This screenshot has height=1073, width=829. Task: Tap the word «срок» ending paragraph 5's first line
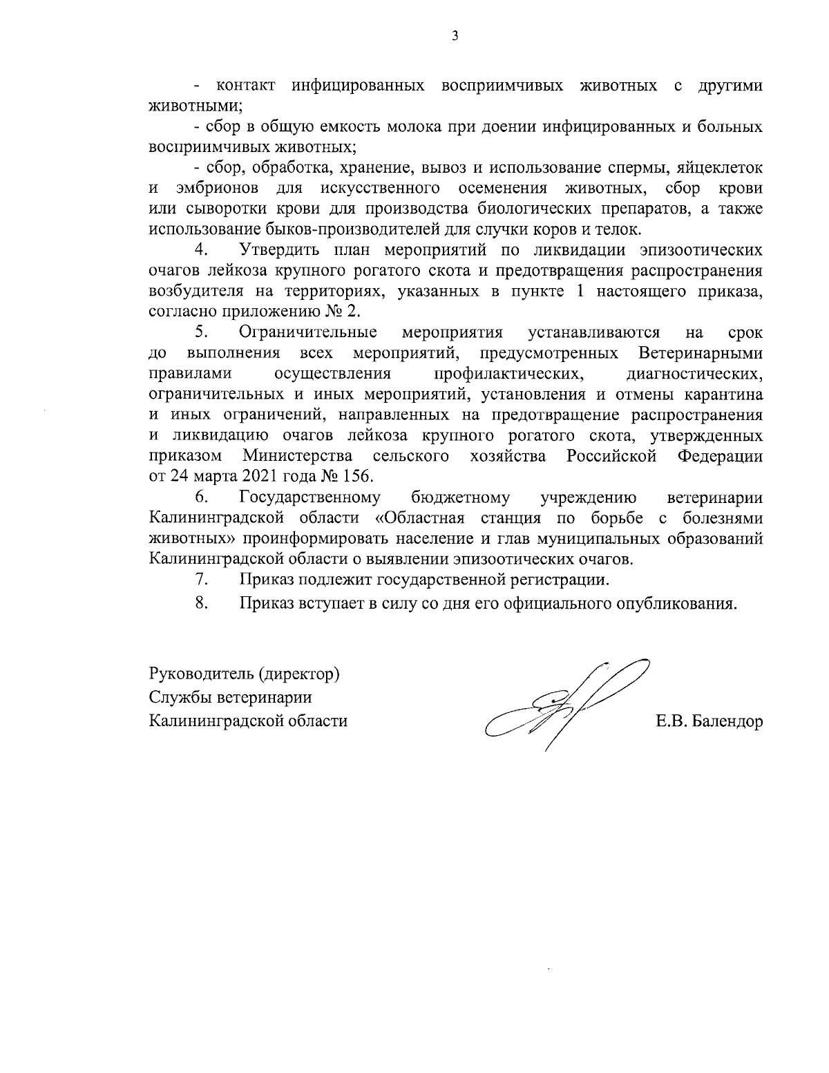[x=745, y=333]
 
